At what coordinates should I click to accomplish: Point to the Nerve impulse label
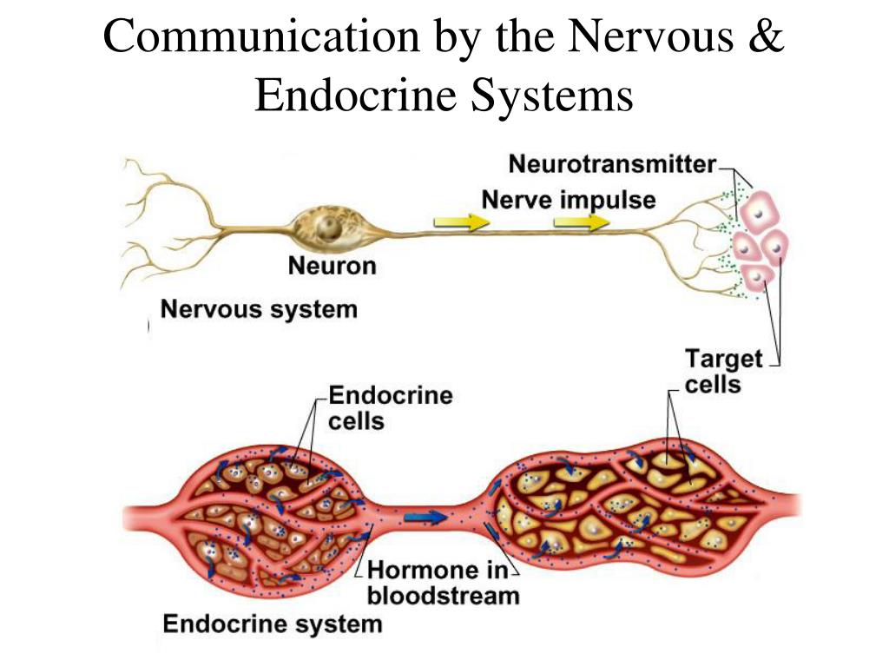(x=569, y=201)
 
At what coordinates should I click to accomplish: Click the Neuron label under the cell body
(x=333, y=266)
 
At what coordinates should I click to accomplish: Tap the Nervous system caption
(x=260, y=309)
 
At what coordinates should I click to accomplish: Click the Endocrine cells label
(x=390, y=408)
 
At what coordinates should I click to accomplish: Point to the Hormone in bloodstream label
(x=443, y=583)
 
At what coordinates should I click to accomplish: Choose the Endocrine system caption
(x=273, y=623)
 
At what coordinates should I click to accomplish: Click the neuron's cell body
(x=327, y=227)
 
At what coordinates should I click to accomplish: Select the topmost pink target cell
(x=759, y=212)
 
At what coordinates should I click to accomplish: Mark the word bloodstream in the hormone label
(x=443, y=596)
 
